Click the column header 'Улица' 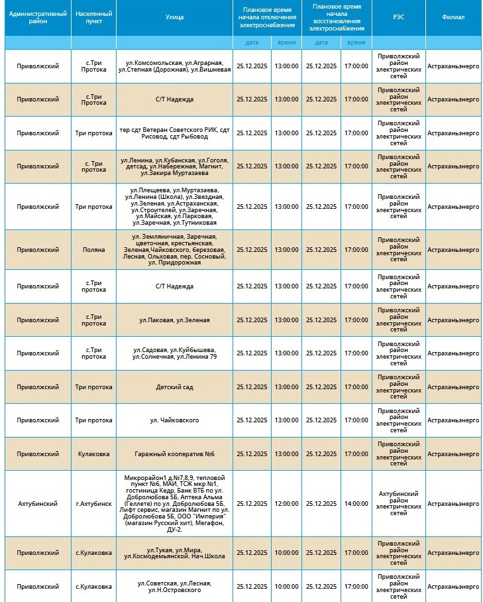[x=174, y=17]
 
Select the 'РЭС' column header [x=398, y=17]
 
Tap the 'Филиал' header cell [x=453, y=17]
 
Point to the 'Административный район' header [x=38, y=17]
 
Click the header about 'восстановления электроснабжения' [x=337, y=17]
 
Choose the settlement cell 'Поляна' [x=93, y=250]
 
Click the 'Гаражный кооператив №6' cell [x=174, y=454]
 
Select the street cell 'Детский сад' [x=174, y=387]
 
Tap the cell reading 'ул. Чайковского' [x=174, y=420]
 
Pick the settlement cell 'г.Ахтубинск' [x=93, y=504]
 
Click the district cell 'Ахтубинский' [x=38, y=504]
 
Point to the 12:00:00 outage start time [x=286, y=504]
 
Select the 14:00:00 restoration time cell [x=356, y=504]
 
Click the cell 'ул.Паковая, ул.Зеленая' [x=174, y=320]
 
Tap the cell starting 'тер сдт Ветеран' [x=174, y=133]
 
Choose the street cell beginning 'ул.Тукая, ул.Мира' [x=174, y=553]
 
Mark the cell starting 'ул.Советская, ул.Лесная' [x=174, y=586]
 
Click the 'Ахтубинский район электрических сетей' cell [x=398, y=504]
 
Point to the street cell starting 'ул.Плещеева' [x=174, y=206]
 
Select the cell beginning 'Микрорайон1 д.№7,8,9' [x=174, y=504]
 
